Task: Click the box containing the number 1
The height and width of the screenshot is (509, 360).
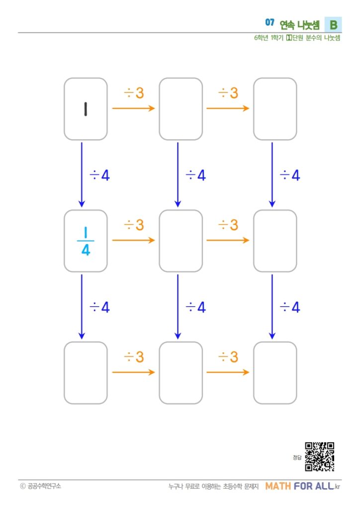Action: pyautogui.click(x=86, y=109)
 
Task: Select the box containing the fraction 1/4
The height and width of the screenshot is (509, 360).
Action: pyautogui.click(x=86, y=241)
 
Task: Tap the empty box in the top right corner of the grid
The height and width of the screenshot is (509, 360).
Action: pyautogui.click(x=275, y=109)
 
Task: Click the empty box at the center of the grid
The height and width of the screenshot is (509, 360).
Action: pyautogui.click(x=181, y=241)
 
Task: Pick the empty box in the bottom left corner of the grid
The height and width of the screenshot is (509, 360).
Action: pyautogui.click(x=86, y=373)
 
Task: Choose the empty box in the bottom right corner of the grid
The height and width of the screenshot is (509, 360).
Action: pyautogui.click(x=275, y=373)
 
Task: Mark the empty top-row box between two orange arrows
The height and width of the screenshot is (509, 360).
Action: pyautogui.click(x=181, y=109)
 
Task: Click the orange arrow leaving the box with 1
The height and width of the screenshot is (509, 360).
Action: pyautogui.click(x=133, y=108)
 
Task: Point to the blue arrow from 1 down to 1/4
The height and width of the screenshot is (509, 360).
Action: pyautogui.click(x=82, y=174)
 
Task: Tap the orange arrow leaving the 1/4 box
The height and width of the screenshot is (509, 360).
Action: pyautogui.click(x=133, y=240)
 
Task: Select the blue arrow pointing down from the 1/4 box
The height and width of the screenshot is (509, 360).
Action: pyautogui.click(x=82, y=307)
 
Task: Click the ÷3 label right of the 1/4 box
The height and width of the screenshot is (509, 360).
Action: pyautogui.click(x=134, y=225)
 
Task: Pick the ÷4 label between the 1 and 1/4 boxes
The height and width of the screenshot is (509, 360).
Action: pyautogui.click(x=99, y=175)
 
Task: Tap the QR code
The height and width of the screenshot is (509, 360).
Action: pyautogui.click(x=319, y=457)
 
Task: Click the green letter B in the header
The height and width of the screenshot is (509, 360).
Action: pyautogui.click(x=333, y=25)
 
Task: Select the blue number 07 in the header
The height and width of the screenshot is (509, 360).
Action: pyautogui.click(x=270, y=22)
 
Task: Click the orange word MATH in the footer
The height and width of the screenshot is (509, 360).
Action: pyautogui.click(x=278, y=486)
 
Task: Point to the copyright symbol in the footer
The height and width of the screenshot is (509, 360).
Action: pyautogui.click(x=23, y=486)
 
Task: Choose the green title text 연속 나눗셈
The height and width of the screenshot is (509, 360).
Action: pyautogui.click(x=300, y=25)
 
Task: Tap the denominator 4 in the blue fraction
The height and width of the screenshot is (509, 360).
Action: pyautogui.click(x=86, y=250)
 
